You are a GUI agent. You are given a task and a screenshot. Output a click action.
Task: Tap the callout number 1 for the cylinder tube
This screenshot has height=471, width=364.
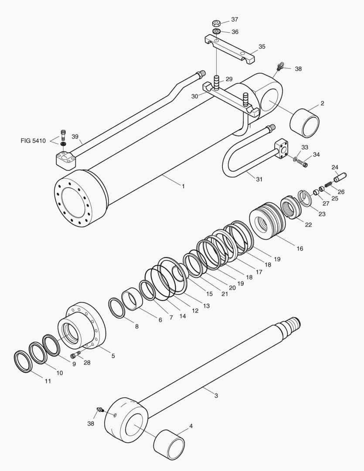[184, 186]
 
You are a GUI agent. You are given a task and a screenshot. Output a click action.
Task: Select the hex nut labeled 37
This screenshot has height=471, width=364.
[215, 23]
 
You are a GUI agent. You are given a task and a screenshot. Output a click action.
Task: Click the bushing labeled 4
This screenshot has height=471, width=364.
[169, 444]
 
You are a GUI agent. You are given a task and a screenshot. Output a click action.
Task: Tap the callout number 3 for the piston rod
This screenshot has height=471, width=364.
[216, 396]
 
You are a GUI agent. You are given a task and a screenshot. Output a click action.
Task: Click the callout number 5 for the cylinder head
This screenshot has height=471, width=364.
[113, 356]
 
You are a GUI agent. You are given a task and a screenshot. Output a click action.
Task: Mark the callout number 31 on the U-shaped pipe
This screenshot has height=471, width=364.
[259, 179]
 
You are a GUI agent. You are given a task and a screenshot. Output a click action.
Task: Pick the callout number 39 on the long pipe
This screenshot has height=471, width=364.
[75, 137]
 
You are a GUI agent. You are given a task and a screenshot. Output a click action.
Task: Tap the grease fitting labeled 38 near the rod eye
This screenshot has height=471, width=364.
[100, 410]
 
